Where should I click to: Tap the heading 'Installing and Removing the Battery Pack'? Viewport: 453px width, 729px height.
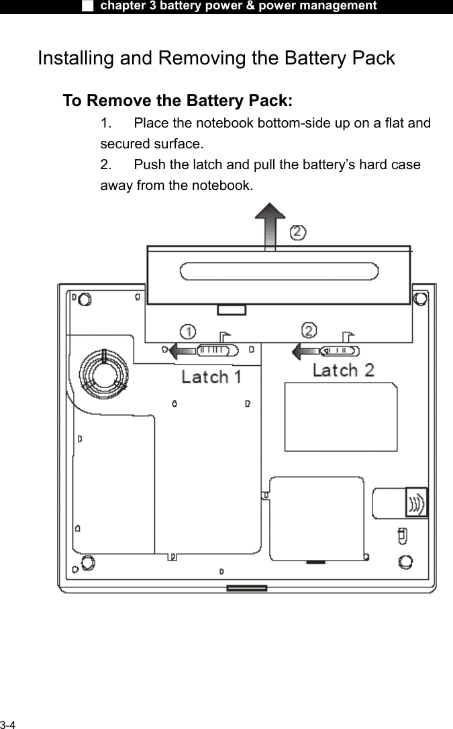[216, 58]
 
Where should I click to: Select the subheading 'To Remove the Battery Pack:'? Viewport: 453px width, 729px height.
[177, 101]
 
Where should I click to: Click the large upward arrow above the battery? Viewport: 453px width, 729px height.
[270, 224]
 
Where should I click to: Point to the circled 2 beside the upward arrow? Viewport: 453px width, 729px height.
[298, 233]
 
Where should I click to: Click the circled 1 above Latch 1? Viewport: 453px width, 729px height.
[189, 332]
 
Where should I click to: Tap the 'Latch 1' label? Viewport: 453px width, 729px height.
[212, 377]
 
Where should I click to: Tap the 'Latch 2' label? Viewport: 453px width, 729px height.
[344, 370]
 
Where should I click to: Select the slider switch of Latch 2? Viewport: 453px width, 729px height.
[340, 350]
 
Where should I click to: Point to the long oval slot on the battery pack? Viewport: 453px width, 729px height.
[279, 273]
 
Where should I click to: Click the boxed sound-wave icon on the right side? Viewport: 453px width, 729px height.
[416, 501]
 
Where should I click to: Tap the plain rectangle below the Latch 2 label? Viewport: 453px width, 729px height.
[340, 416]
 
